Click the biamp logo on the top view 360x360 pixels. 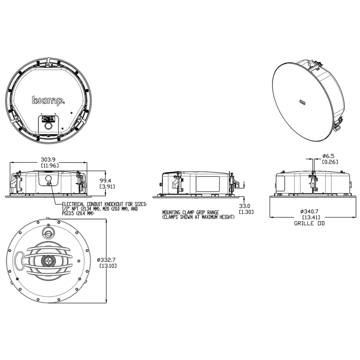49,101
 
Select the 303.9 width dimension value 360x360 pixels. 48,160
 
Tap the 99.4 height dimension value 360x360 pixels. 105,181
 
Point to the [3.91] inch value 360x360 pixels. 107,186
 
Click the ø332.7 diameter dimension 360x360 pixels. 106,260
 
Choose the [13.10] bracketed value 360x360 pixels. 108,266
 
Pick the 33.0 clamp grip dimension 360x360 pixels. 244,206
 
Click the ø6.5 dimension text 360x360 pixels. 328,156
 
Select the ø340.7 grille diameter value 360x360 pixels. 309,211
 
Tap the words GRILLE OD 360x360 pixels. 309,223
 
